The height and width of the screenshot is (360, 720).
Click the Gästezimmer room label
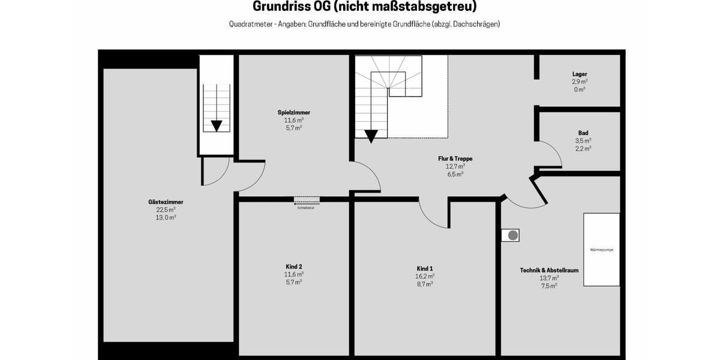tap(166, 202)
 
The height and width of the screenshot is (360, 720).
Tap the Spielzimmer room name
tap(293, 112)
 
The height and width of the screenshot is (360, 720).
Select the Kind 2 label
tap(293, 266)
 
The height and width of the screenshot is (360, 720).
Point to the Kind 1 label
tap(424, 268)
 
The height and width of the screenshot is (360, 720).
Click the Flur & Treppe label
tap(455, 159)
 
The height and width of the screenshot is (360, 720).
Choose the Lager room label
tap(579, 74)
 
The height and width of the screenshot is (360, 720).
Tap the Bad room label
tap(583, 133)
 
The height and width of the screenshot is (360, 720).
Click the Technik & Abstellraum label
tap(549, 271)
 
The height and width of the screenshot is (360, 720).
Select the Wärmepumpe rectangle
tap(601, 249)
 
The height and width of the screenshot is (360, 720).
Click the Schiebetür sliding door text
tap(306, 208)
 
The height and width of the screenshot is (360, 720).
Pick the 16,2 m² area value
tap(424, 276)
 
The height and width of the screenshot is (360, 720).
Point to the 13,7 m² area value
tap(549, 278)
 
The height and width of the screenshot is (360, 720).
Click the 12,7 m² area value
tap(455, 167)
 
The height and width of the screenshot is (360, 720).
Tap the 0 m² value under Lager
tap(579, 89)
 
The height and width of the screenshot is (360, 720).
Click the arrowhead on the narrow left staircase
tap(216, 125)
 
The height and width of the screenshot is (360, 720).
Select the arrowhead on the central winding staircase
tap(371, 136)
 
